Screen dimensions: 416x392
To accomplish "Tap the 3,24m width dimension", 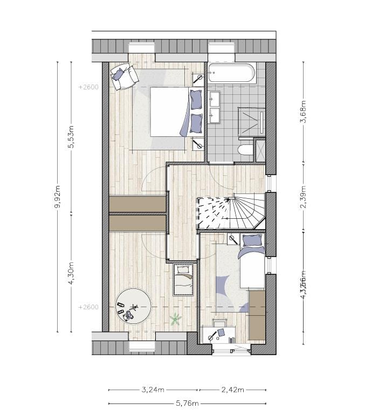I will (x=153, y=390).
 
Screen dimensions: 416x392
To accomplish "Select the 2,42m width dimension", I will (x=233, y=390).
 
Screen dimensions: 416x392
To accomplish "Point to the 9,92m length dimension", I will (x=58, y=200).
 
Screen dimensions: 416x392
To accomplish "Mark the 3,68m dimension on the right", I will (x=303, y=112).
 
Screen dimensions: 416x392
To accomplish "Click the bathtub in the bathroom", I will (x=231, y=73).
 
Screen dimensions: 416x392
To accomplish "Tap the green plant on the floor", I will (x=175, y=320).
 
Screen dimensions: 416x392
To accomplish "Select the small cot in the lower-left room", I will (x=183, y=280).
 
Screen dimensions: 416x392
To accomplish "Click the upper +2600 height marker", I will (x=88, y=86).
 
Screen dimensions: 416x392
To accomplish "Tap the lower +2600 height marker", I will (x=88, y=307).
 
